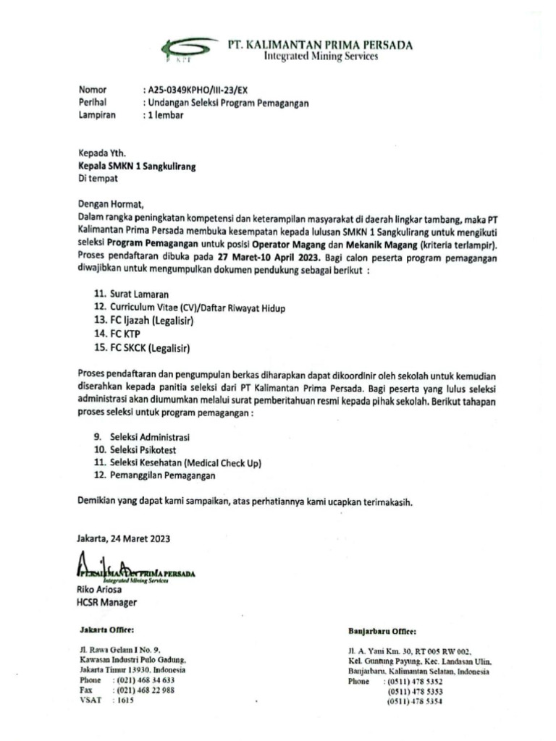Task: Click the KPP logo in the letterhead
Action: (186, 50)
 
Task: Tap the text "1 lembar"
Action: (165, 115)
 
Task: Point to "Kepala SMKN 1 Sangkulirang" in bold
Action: (137, 166)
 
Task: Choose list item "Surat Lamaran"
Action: (139, 295)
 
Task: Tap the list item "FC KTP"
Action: (127, 335)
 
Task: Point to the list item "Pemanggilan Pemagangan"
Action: (162, 475)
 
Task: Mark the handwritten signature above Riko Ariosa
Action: (109, 565)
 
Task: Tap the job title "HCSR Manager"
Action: (106, 602)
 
